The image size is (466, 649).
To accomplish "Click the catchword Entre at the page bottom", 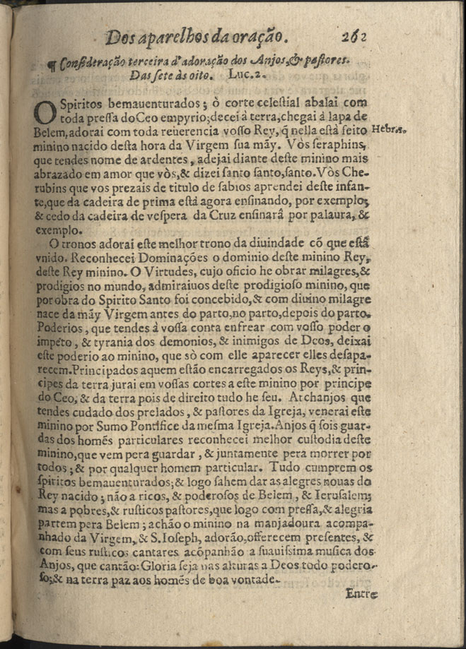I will (363, 594).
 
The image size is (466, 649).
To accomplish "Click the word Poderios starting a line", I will (57, 329).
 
